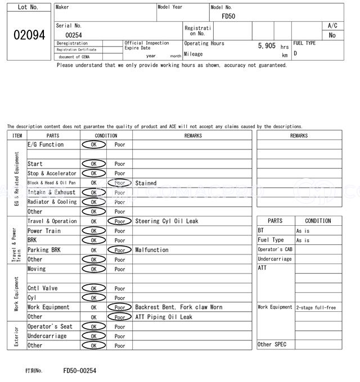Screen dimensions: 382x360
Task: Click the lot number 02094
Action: pyautogui.click(x=29, y=35)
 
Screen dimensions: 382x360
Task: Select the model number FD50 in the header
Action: pyautogui.click(x=228, y=16)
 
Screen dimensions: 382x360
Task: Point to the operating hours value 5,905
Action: pyautogui.click(x=267, y=46)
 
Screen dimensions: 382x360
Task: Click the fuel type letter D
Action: pyautogui.click(x=295, y=53)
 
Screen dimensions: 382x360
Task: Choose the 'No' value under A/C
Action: pyautogui.click(x=332, y=35)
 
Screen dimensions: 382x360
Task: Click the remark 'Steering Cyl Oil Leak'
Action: pyautogui.click(x=166, y=221)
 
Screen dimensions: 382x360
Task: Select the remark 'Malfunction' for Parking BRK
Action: pyautogui.click(x=152, y=250)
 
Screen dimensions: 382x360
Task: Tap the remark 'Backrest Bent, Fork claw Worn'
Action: pyautogui.click(x=178, y=307)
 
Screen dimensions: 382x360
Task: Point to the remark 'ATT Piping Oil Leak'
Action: pyautogui.click(x=164, y=317)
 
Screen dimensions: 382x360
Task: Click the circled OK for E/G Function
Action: pyautogui.click(x=93, y=145)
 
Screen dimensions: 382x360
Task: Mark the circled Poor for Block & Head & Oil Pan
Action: pyautogui.click(x=120, y=183)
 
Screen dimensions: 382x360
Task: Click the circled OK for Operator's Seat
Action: pyautogui.click(x=93, y=327)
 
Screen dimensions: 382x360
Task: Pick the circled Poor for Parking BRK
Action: pyautogui.click(x=120, y=250)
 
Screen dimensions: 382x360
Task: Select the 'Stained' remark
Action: pyautogui.click(x=146, y=183)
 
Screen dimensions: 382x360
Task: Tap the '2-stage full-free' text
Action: pyautogui.click(x=316, y=308)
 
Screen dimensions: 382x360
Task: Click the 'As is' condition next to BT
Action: pyautogui.click(x=303, y=231)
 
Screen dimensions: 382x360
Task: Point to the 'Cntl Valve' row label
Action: pyautogui.click(x=43, y=288)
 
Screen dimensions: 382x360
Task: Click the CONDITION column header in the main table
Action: pyautogui.click(x=106, y=135)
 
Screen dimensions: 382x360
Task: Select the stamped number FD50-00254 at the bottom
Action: pyautogui.click(x=79, y=371)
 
